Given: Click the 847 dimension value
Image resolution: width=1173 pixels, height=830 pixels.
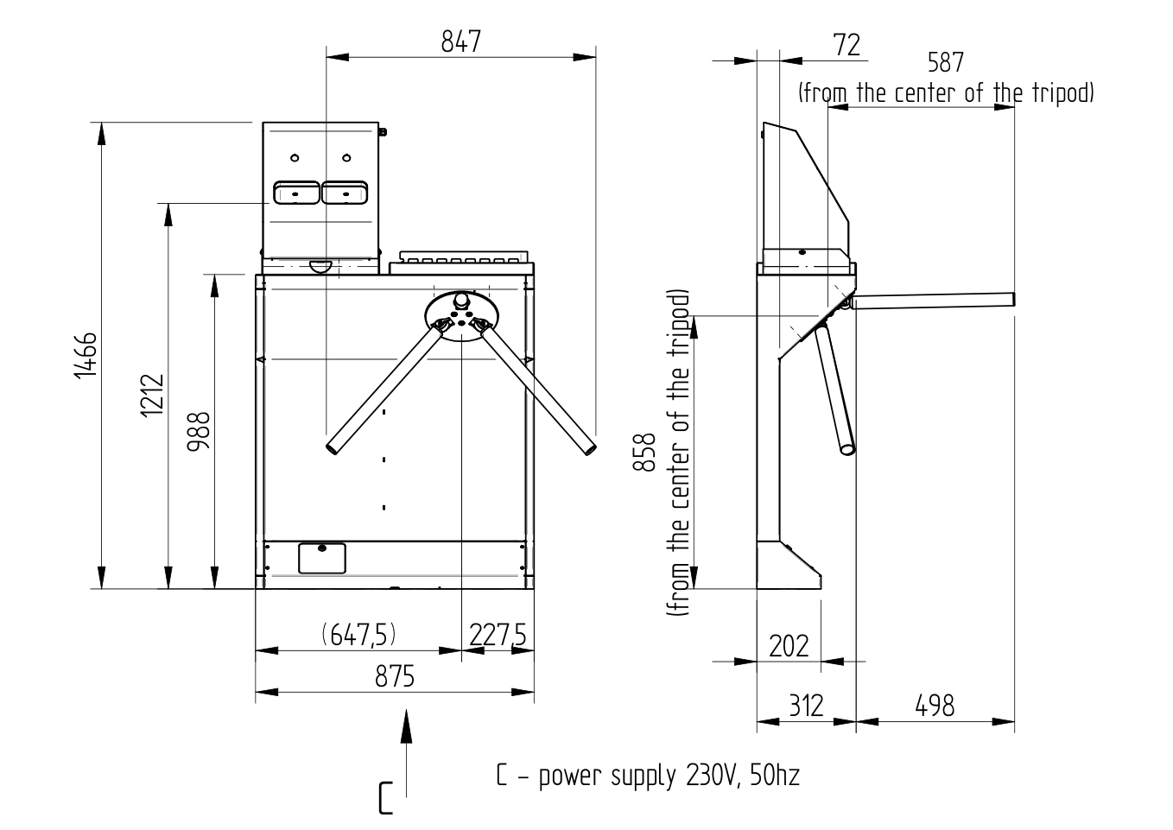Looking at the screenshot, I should click(x=460, y=41).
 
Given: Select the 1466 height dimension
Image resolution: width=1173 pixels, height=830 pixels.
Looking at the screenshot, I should click(x=85, y=355).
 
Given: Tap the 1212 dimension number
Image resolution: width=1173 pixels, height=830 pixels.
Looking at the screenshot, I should click(x=151, y=396).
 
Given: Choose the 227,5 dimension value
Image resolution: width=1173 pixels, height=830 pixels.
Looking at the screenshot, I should click(x=498, y=636).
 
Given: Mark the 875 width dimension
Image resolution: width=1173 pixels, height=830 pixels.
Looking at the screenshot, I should click(x=395, y=676).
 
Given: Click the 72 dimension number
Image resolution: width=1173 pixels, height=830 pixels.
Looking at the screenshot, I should click(x=847, y=45).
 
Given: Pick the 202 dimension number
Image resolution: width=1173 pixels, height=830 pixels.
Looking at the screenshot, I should click(x=789, y=646).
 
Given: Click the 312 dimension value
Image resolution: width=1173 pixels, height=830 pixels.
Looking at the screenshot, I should click(x=806, y=706).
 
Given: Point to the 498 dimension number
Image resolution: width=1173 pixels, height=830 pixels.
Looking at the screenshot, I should click(x=935, y=706).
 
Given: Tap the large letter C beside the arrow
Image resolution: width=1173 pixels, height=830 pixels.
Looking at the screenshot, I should click(x=385, y=798).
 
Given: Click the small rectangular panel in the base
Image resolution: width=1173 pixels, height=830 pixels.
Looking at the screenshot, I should click(x=321, y=558).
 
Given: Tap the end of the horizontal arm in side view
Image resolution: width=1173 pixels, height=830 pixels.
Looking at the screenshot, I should click(x=1011, y=300).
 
